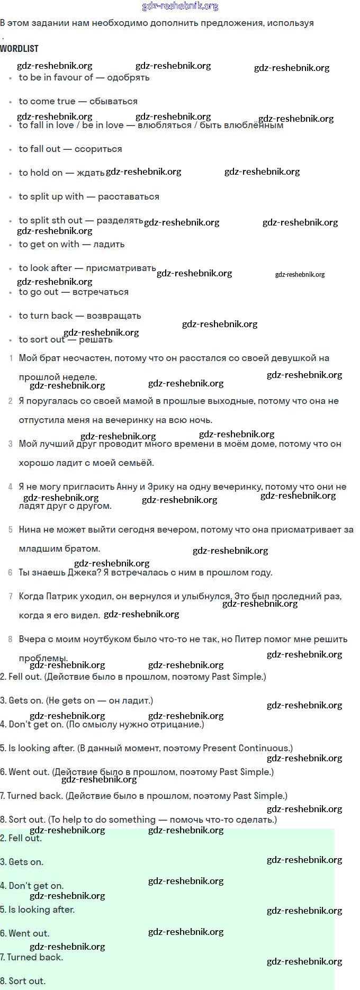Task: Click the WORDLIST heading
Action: click(19, 48)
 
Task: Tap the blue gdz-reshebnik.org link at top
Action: click(180, 6)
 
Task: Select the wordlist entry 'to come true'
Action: click(47, 101)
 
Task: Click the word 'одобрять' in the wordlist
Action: click(128, 77)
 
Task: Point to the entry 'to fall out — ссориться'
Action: click(70, 149)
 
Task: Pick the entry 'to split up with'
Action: click(51, 196)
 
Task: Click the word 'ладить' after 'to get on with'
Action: click(109, 244)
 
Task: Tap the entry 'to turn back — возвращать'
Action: click(80, 316)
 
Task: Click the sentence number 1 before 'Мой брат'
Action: click(11, 358)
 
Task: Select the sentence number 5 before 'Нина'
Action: click(11, 529)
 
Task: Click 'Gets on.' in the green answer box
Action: click(26, 862)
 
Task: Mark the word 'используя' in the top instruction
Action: click(290, 23)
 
